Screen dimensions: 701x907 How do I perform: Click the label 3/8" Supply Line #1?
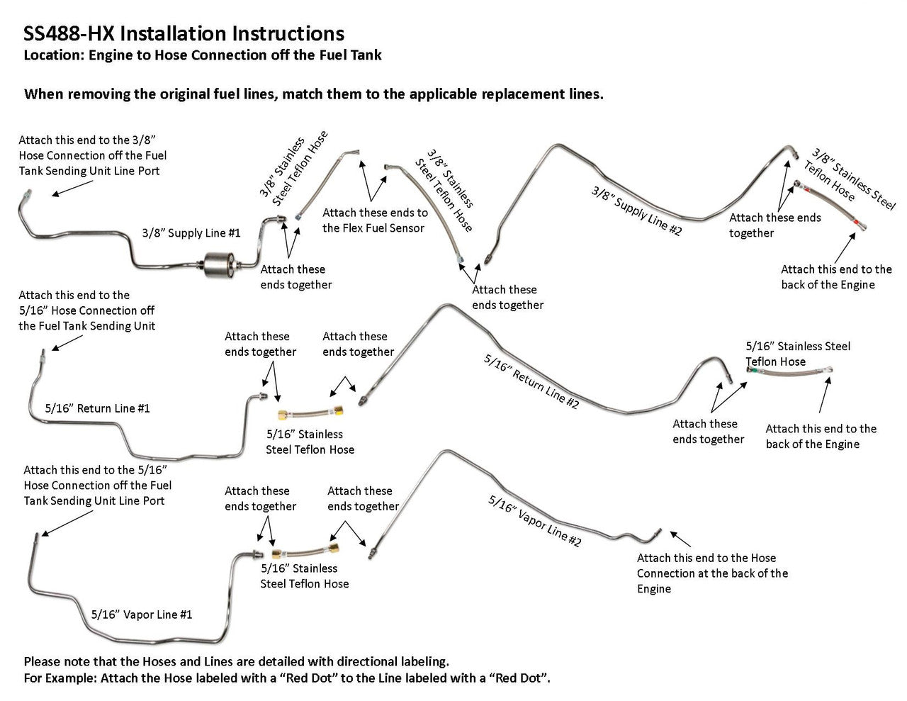click(x=191, y=233)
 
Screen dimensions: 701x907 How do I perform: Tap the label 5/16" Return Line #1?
click(x=97, y=408)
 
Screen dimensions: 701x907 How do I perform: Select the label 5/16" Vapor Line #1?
click(x=142, y=615)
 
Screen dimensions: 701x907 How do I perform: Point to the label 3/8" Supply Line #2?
click(x=636, y=211)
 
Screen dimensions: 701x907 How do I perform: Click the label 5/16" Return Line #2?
click(x=531, y=381)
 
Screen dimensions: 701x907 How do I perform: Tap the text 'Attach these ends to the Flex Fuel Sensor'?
click(x=374, y=220)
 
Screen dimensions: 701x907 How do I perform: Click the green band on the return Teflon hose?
click(x=755, y=369)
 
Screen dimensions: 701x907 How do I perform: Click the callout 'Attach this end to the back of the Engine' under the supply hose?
click(x=836, y=277)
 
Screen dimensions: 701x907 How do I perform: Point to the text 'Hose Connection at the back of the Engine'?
click(x=711, y=573)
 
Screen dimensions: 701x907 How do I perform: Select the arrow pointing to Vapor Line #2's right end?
click(x=680, y=538)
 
